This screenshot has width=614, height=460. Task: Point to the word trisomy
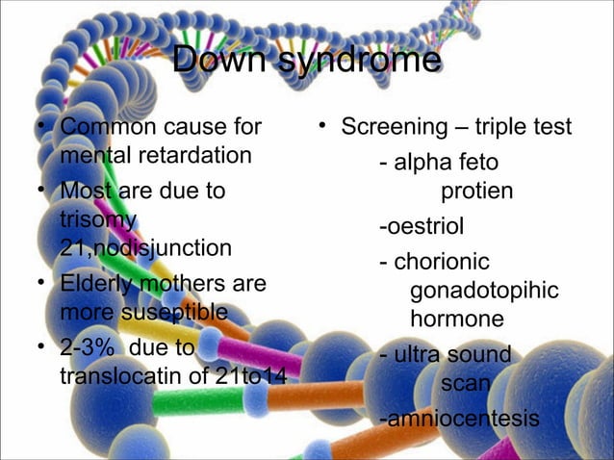(96, 219)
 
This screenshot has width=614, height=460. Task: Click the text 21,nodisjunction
(145, 247)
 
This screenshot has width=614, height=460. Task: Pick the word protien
(476, 192)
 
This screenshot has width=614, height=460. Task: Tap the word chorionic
(442, 262)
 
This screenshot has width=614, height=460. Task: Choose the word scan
(466, 384)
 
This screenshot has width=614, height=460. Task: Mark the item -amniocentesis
(458, 419)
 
